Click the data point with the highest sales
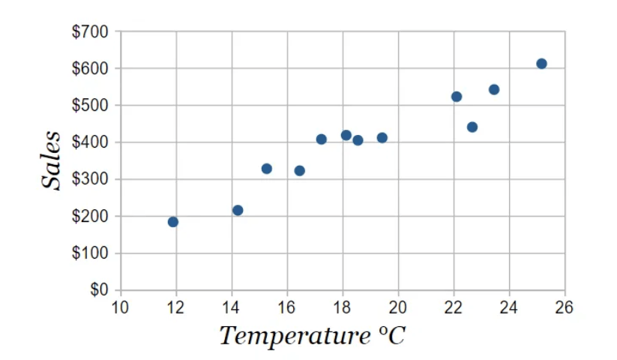(x=541, y=64)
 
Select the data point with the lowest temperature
(x=173, y=222)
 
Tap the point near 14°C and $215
(x=238, y=210)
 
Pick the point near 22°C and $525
(x=457, y=97)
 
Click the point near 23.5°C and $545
(x=494, y=90)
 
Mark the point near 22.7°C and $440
(x=472, y=127)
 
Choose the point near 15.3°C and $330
(x=267, y=169)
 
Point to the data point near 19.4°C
(x=382, y=138)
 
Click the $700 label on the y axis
(x=90, y=32)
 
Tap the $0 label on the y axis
(x=99, y=289)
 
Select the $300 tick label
(x=90, y=179)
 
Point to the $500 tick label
(x=90, y=106)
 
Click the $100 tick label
(x=90, y=253)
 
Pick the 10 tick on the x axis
(x=120, y=306)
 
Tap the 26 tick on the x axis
(x=565, y=306)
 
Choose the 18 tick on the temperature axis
(x=343, y=306)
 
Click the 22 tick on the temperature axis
(x=454, y=306)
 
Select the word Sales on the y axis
(x=51, y=160)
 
